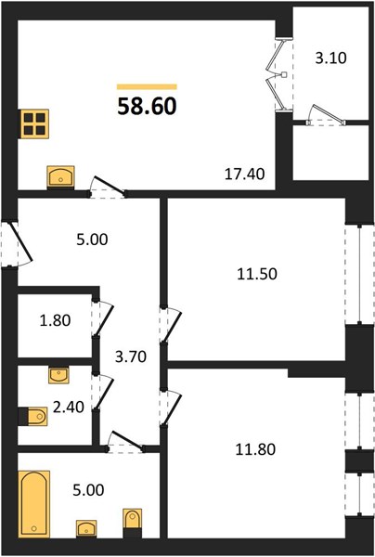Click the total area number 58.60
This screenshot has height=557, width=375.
click(147, 106)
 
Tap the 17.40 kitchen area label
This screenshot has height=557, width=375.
click(245, 175)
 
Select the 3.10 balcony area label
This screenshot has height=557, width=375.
click(331, 58)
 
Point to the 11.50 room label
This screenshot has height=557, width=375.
click(257, 274)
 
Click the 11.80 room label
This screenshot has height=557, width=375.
click(255, 449)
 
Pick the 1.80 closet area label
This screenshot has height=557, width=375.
click(55, 320)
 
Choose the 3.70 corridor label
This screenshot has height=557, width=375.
click(131, 356)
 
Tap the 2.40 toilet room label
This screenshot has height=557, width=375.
click(69, 407)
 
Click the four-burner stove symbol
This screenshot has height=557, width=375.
click(34, 124)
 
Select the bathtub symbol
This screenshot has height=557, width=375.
click(33, 504)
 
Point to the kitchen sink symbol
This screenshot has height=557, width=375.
click(60, 176)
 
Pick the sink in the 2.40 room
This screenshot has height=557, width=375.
click(58, 375)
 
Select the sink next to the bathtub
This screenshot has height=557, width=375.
click(86, 528)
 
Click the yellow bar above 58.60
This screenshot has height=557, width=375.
click(147, 86)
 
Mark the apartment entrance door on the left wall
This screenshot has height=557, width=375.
click(17, 244)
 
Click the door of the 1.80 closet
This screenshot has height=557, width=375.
click(102, 318)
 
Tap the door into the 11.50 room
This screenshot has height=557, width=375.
click(170, 326)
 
